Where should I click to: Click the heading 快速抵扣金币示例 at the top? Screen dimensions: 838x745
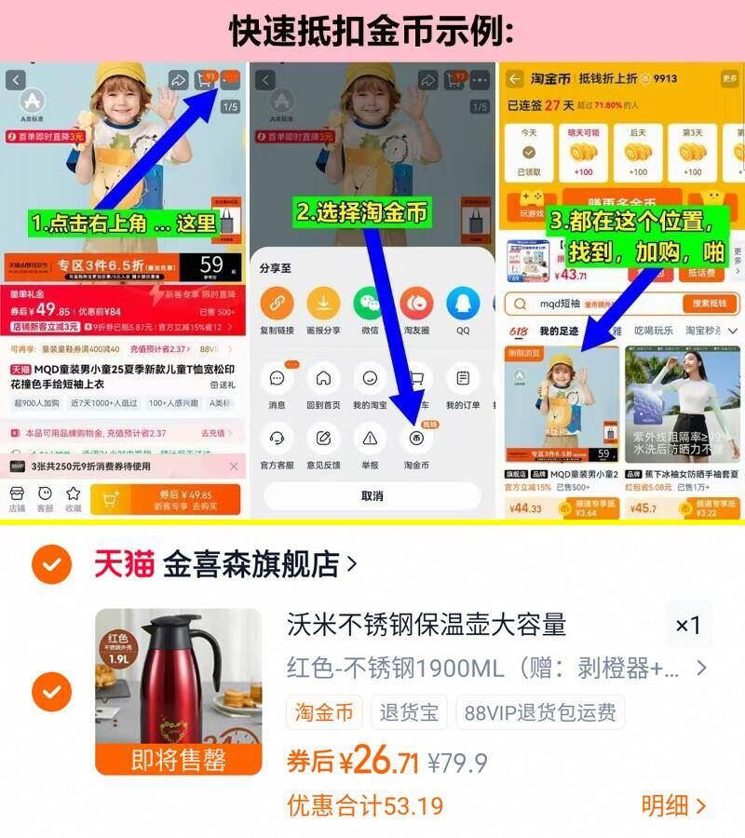pyautogui.click(x=372, y=30)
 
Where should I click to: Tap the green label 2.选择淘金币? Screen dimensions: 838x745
pyautogui.click(x=362, y=212)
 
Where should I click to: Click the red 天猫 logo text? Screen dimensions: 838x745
pyautogui.click(x=123, y=563)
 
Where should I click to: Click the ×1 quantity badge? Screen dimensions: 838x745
pyautogui.click(x=687, y=626)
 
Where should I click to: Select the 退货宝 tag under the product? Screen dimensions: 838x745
pyautogui.click(x=409, y=713)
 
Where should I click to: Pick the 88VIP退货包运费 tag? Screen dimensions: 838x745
pyautogui.click(x=539, y=713)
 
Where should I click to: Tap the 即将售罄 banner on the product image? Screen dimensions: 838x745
pyautogui.click(x=179, y=759)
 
